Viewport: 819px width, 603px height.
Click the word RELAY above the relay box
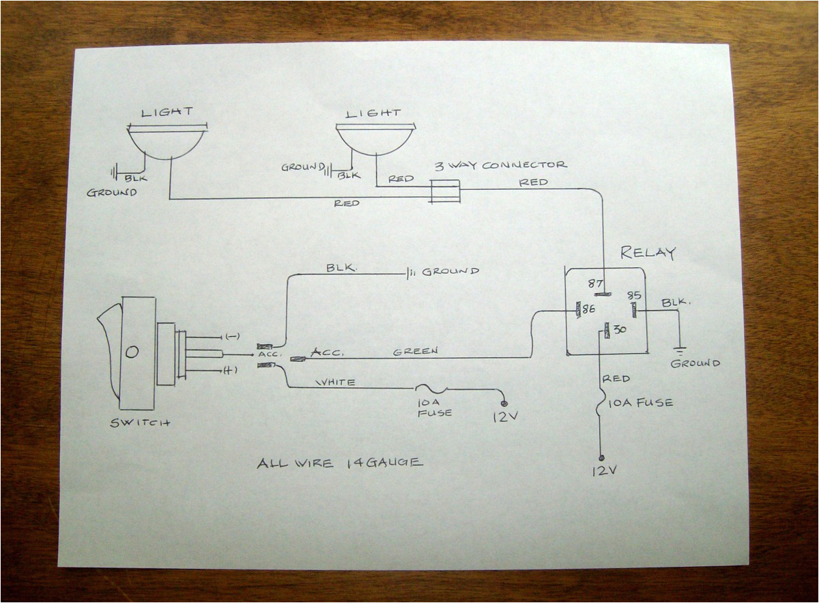[647, 253]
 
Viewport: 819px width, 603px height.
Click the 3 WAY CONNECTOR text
[501, 165]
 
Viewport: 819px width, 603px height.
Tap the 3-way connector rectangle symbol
[445, 191]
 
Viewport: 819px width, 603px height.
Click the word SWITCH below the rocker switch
[140, 423]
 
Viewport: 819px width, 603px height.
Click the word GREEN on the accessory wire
[415, 352]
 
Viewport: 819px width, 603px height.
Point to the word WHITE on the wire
[335, 382]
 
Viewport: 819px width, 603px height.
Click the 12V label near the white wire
[502, 415]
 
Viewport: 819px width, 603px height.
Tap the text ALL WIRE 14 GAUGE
[339, 463]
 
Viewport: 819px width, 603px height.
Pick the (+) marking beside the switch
[229, 369]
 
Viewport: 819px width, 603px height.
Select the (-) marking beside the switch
[229, 337]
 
